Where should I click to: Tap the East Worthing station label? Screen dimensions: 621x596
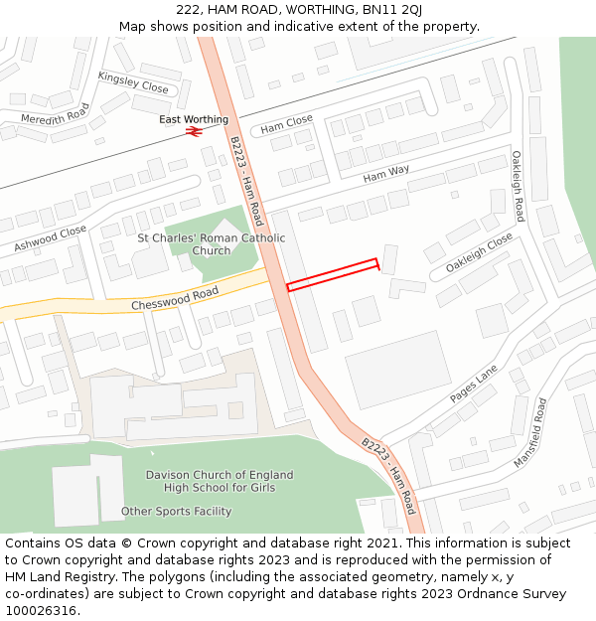pos(194,119)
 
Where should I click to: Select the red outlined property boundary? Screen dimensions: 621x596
pos(333,275)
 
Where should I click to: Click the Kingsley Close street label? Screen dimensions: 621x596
pos(133,81)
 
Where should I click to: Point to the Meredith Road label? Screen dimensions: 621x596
pos(56,114)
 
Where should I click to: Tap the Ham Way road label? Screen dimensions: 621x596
pos(386,175)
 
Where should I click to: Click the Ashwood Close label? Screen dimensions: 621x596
pos(51,238)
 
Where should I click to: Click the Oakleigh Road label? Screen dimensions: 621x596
pos(518,186)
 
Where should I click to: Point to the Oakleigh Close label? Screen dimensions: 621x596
pos(479,253)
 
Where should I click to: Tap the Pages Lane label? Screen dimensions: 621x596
pos(473,385)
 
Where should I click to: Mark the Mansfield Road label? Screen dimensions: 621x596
pos(530,433)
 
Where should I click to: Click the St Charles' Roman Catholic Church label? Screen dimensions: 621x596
pos(211,244)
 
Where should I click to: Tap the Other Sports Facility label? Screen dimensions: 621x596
pos(176,512)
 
